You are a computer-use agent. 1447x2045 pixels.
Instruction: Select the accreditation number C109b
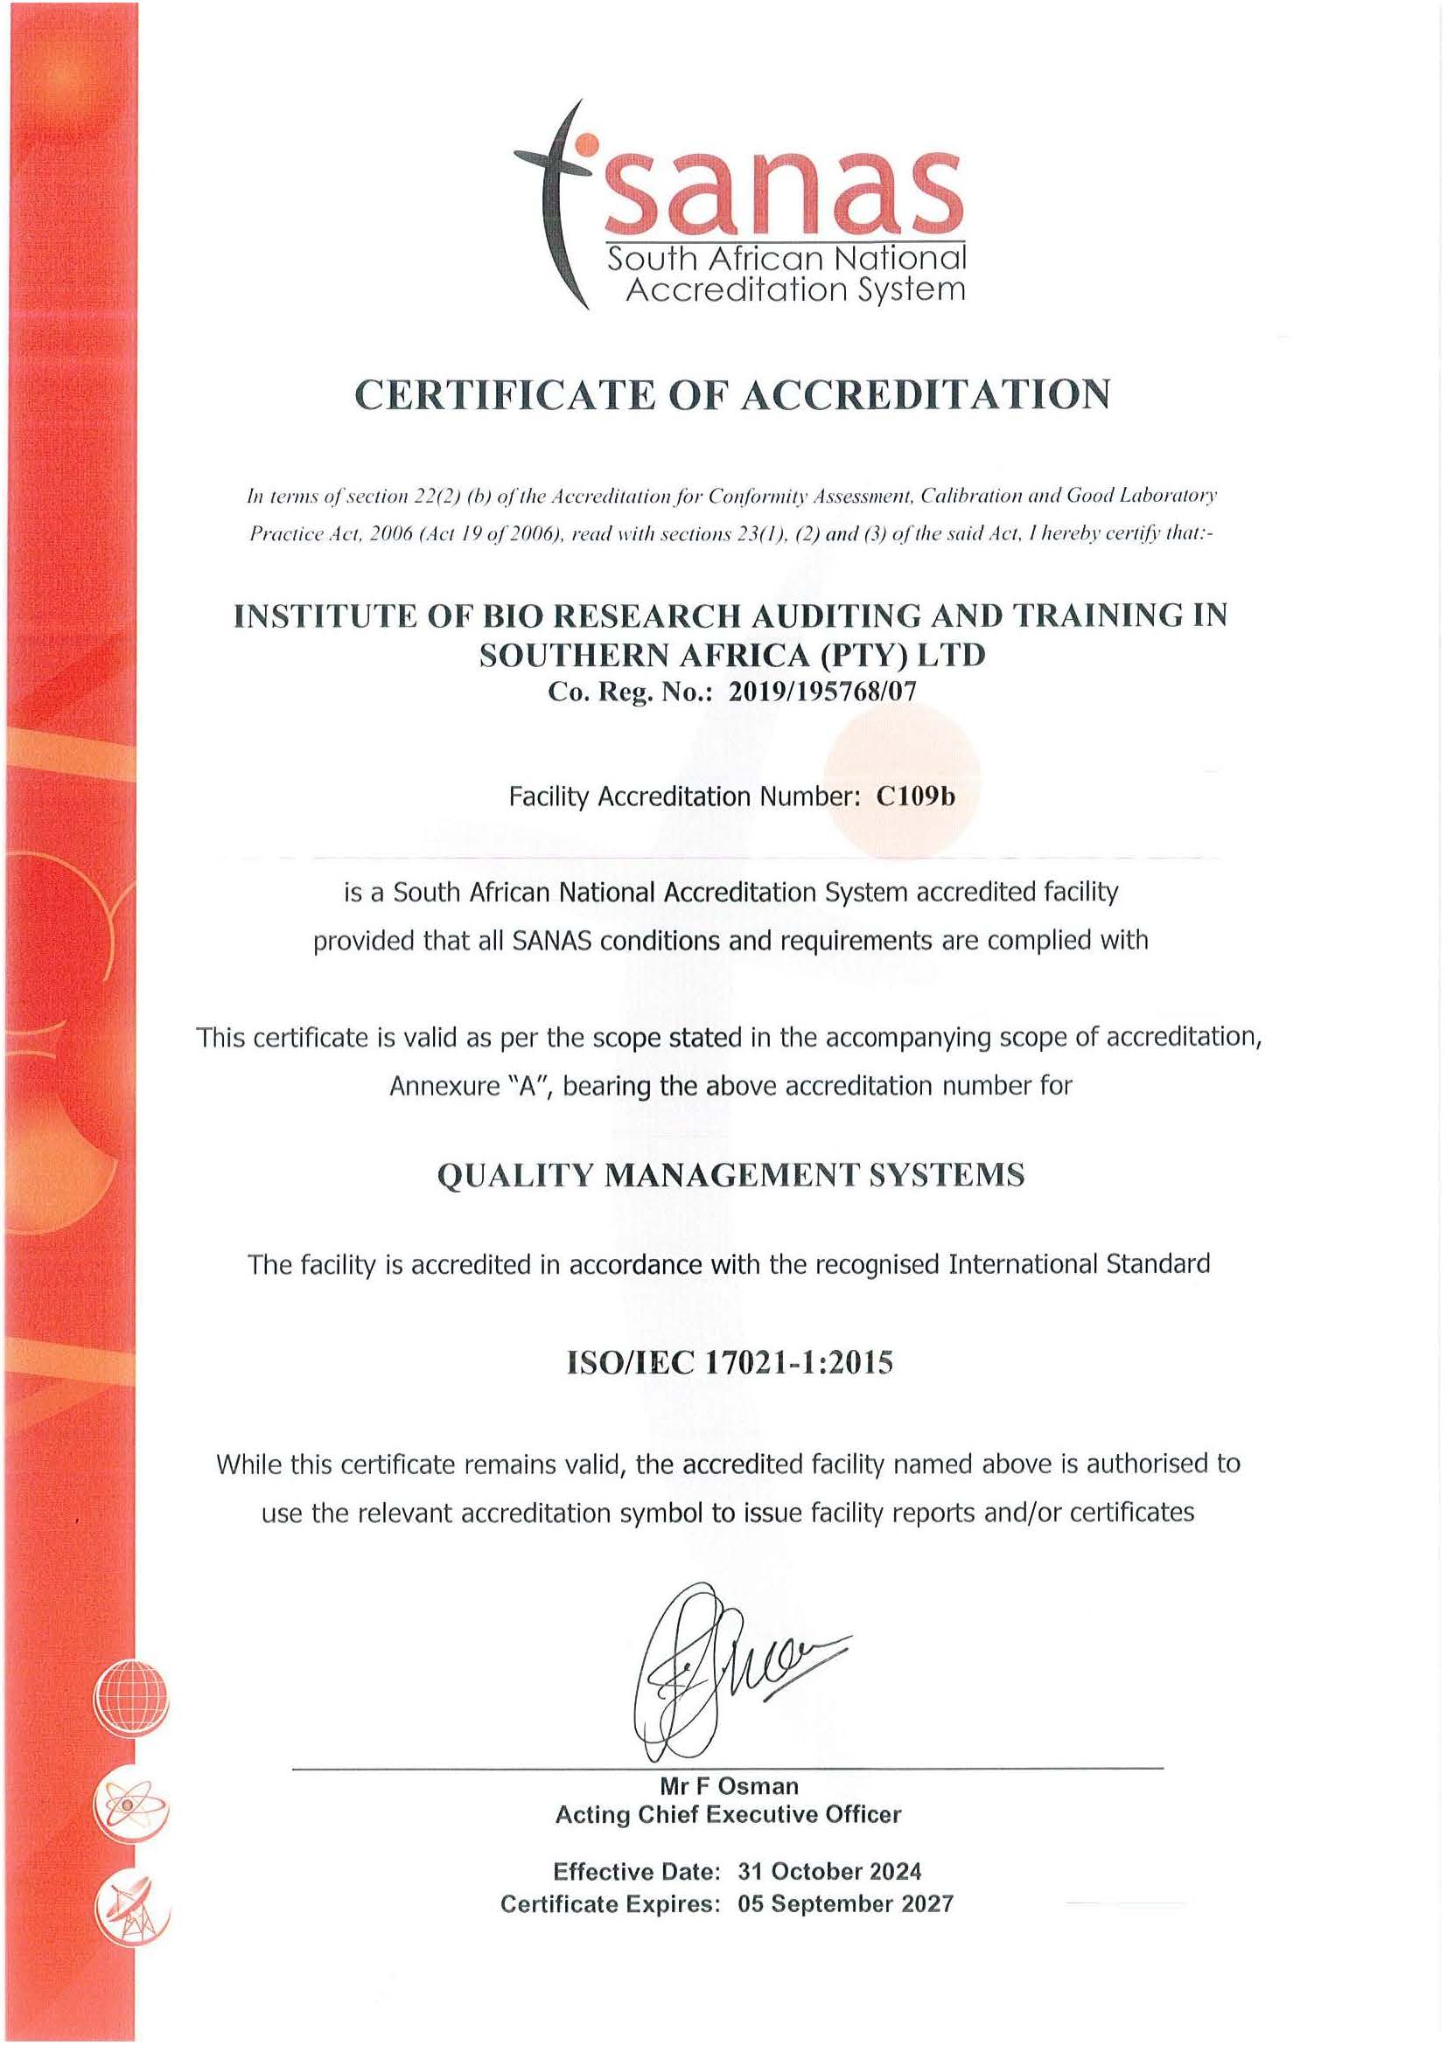[x=914, y=796]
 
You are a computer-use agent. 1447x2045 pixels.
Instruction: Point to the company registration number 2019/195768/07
[x=821, y=692]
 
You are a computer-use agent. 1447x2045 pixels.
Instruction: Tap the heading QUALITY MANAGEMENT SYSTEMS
[x=730, y=1176]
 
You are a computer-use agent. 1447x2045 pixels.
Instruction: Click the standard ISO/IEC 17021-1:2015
[x=730, y=1364]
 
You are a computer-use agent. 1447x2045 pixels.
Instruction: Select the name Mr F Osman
[x=729, y=1786]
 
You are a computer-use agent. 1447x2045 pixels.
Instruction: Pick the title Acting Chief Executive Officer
[x=728, y=1814]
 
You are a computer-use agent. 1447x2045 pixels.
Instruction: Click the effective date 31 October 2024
[x=828, y=1870]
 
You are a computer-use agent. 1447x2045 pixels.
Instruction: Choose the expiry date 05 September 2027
[x=845, y=1903]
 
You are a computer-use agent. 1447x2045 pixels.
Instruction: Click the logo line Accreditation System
[x=794, y=289]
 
